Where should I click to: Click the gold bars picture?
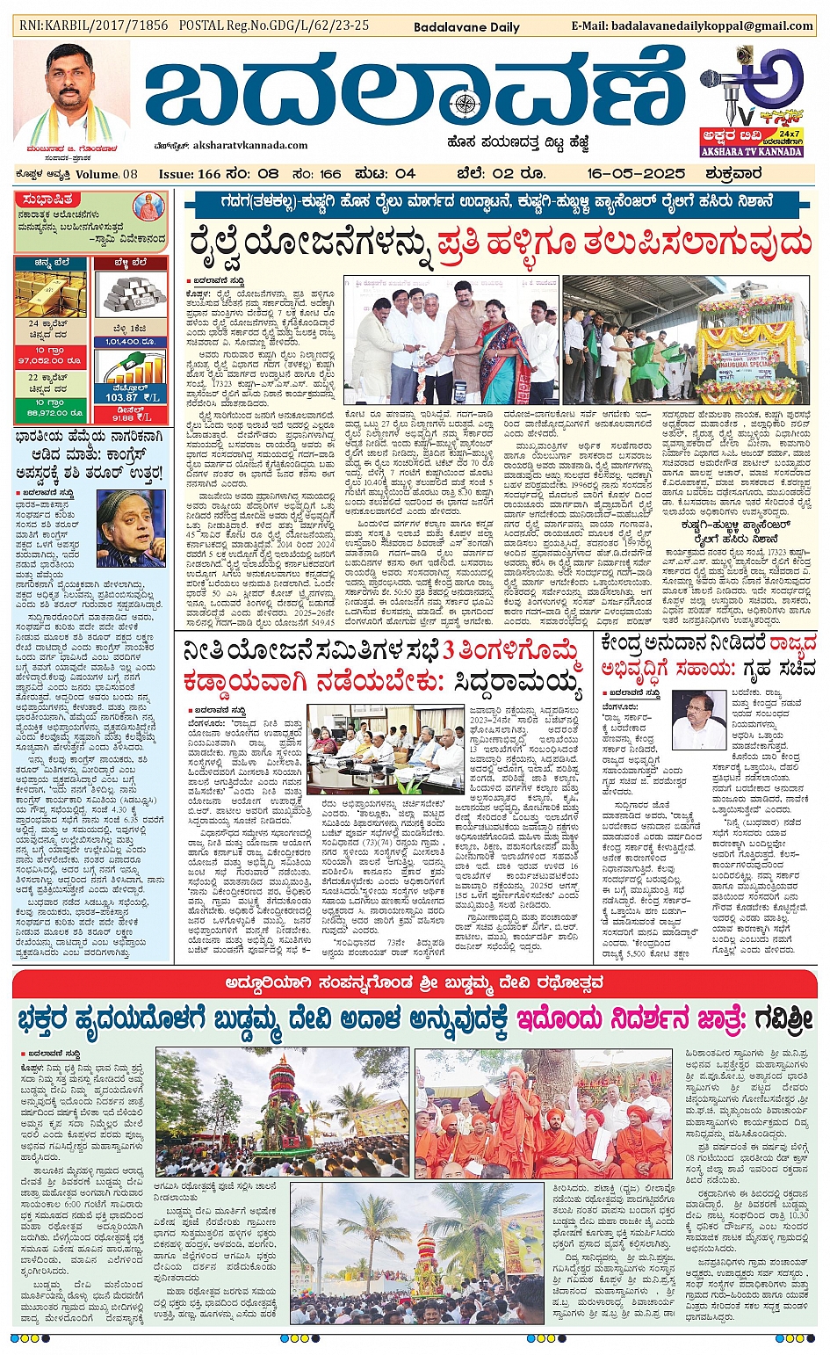50,294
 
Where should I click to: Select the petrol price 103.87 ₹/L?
131,397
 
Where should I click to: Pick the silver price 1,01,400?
130,342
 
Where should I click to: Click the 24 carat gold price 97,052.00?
50,360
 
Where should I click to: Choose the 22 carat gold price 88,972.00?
50,412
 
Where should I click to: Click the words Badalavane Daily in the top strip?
466,26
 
